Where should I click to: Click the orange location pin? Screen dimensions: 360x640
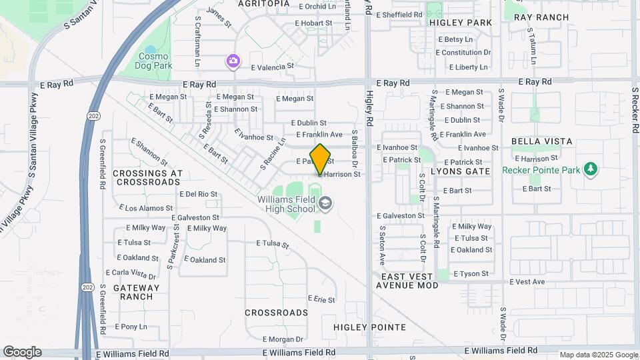(321, 159)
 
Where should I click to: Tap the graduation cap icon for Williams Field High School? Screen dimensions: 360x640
(325, 204)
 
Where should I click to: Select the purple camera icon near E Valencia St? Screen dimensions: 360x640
(233, 61)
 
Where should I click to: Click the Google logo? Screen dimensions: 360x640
(22, 352)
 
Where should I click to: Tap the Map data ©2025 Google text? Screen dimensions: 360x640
(598, 355)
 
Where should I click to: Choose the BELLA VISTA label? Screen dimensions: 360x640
(542, 141)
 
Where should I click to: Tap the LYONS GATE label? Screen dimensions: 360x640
(461, 171)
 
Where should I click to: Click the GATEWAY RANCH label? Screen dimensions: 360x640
(137, 292)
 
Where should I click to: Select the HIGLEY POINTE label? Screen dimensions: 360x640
(369, 327)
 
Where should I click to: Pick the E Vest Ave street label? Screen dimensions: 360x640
(527, 282)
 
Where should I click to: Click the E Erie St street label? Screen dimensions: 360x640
(321, 300)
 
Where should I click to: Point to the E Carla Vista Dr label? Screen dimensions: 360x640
(132, 273)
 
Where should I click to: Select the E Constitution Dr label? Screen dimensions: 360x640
(464, 53)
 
